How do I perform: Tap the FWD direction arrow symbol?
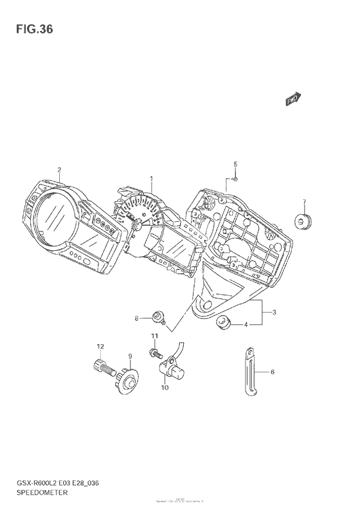pyautogui.click(x=294, y=98)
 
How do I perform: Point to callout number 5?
pyautogui.click(x=235, y=164)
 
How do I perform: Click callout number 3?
pyautogui.click(x=274, y=313)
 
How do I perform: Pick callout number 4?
pyautogui.click(x=245, y=325)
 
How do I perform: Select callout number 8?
pyautogui.click(x=137, y=318)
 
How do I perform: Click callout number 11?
pyautogui.click(x=154, y=336)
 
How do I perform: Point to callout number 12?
pyautogui.click(x=100, y=347)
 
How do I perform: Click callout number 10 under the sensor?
pyautogui.click(x=165, y=387)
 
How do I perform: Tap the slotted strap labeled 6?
pyautogui.click(x=251, y=371)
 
